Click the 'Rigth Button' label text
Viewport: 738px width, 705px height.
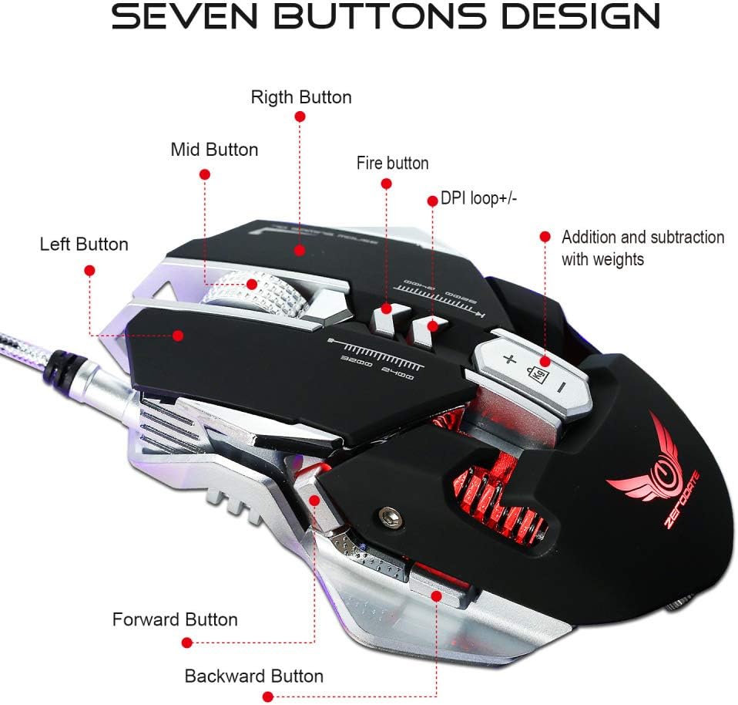[x=301, y=98]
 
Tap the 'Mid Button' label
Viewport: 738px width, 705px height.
[x=214, y=150]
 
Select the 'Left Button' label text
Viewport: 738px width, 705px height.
[x=84, y=245]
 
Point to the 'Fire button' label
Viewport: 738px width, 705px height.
[x=392, y=164]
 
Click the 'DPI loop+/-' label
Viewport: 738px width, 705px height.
[x=478, y=199]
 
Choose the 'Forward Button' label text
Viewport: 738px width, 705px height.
[x=175, y=619]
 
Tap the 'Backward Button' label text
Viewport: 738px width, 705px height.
[x=253, y=676]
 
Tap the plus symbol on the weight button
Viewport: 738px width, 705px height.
[x=508, y=359]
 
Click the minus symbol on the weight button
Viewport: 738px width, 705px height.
[x=562, y=383]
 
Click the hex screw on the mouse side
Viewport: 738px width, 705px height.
[x=389, y=516]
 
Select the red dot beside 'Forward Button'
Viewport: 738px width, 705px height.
[x=186, y=642]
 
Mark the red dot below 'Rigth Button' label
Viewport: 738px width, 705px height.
[x=300, y=116]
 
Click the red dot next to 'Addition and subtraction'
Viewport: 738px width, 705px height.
[x=545, y=237]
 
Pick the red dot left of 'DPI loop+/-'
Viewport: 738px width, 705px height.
[x=432, y=200]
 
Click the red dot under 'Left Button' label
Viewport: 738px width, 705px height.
[x=89, y=270]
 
